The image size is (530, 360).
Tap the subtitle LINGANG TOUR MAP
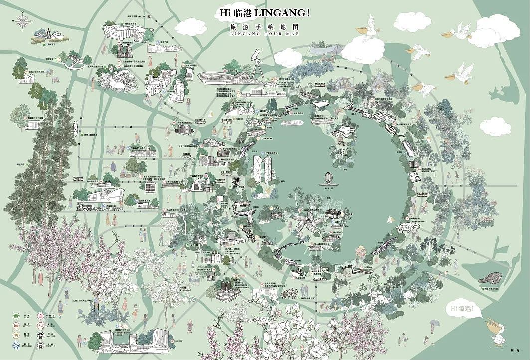265,34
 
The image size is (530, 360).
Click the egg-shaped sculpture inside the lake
328,179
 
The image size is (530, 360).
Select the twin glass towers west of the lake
262,168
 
